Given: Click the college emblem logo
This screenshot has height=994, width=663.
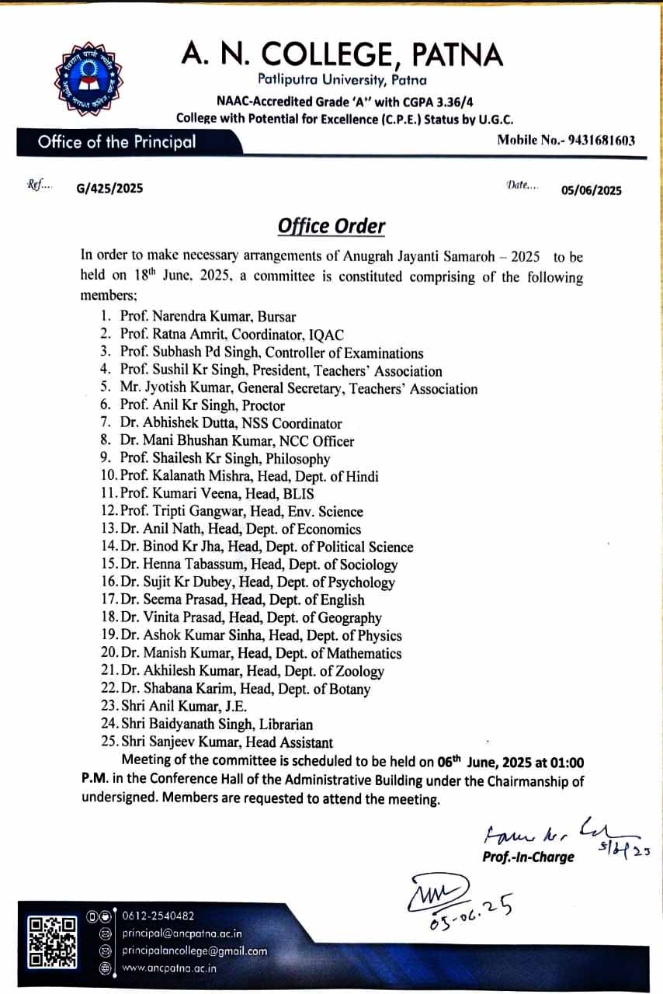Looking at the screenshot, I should (88, 79).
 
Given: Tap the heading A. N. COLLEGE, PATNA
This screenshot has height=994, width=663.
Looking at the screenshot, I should (342, 54).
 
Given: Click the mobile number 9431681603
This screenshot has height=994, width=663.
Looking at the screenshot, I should (590, 141).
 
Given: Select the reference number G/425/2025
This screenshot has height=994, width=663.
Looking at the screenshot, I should (109, 188).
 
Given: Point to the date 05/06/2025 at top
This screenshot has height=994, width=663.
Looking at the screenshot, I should (592, 190).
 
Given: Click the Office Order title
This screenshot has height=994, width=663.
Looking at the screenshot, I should (331, 226).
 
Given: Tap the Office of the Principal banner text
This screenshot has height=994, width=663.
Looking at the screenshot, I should (116, 142).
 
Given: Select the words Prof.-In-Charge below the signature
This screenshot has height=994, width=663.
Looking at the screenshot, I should (528, 857).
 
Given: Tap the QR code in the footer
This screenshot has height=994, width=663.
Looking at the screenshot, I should (52, 942).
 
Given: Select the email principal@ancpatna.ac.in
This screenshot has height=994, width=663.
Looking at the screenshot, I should (182, 933).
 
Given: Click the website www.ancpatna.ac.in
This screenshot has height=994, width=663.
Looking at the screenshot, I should (169, 968).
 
